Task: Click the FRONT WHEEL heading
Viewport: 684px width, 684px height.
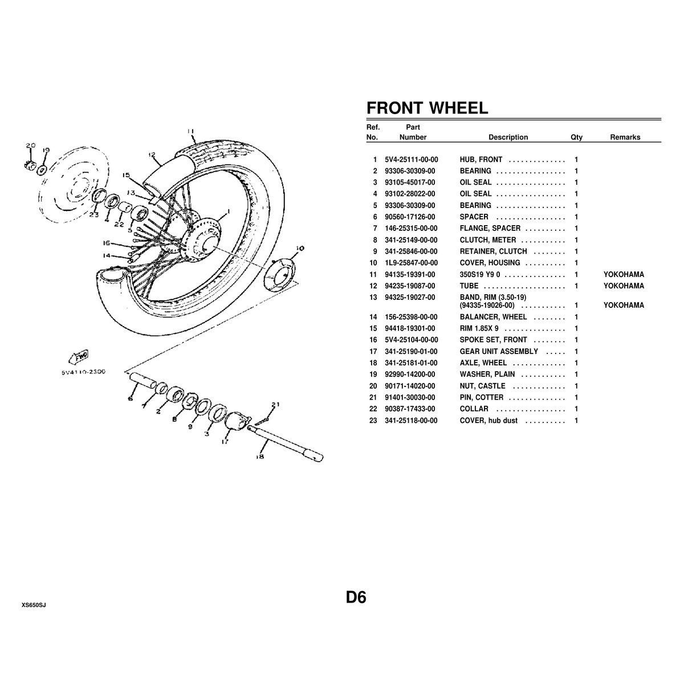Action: pyautogui.click(x=427, y=108)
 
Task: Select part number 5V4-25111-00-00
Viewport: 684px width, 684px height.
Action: pyautogui.click(x=412, y=160)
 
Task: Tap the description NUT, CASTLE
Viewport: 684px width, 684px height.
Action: pyautogui.click(x=482, y=386)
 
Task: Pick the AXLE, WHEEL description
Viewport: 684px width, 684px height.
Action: pyautogui.click(x=483, y=363)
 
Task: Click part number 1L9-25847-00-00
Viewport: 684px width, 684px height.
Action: pyautogui.click(x=412, y=263)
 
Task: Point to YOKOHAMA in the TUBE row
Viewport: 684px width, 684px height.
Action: pyautogui.click(x=624, y=286)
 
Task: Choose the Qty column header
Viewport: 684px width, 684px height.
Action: pyautogui.click(x=576, y=137)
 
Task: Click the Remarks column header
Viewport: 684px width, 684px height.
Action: pyautogui.click(x=625, y=137)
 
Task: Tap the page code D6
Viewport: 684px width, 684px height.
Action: pyautogui.click(x=356, y=597)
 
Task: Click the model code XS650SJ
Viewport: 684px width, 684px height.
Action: pyautogui.click(x=34, y=605)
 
